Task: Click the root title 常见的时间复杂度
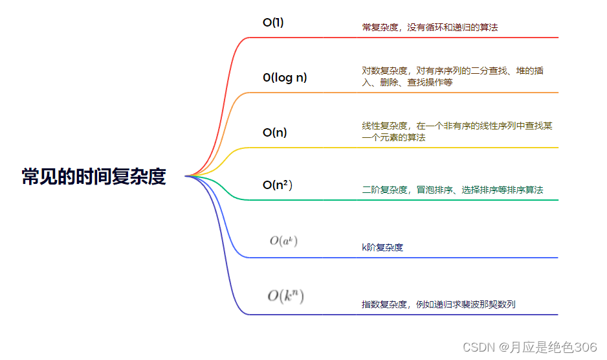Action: point(94,176)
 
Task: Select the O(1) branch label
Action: point(273,23)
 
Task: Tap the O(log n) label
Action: point(285,78)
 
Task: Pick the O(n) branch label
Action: point(274,133)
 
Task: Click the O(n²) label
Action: point(278,185)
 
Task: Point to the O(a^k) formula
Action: point(283,241)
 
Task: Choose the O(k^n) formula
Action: point(285,297)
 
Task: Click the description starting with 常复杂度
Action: point(430,27)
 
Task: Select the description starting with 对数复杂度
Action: point(452,76)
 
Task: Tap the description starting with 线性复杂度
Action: point(457,131)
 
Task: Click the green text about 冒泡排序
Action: point(452,190)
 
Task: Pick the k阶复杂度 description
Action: point(382,247)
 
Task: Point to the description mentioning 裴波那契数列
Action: point(438,304)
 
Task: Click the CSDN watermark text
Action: point(529,348)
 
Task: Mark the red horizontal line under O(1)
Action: point(453,38)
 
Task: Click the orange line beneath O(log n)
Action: point(453,93)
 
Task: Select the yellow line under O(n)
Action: point(453,148)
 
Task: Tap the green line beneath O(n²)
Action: point(453,199)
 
